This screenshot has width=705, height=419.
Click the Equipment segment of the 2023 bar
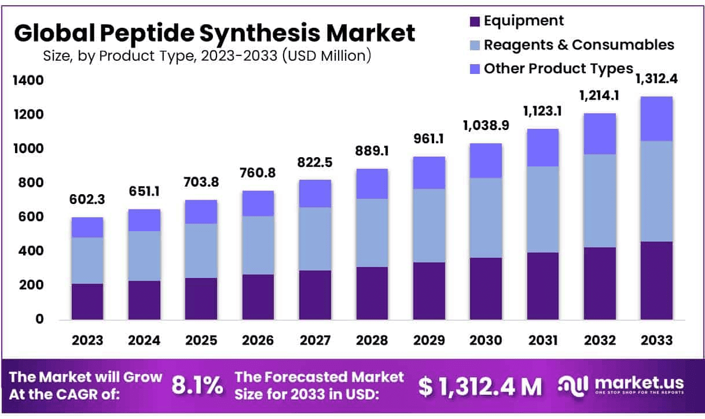[87, 301]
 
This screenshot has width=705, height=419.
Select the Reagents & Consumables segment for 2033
[656, 191]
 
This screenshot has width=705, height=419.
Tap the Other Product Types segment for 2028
[372, 184]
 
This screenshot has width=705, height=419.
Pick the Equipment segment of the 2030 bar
[486, 288]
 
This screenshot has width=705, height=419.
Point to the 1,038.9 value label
[486, 125]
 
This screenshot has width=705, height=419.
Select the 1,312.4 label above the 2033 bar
[656, 79]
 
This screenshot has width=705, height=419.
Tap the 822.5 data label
[315, 163]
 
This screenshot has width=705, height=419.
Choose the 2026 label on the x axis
[258, 340]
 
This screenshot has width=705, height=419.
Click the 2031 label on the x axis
[542, 340]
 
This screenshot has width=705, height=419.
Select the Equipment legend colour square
[475, 22]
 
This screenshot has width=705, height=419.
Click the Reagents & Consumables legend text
[579, 45]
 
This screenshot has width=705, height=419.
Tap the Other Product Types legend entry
[558, 68]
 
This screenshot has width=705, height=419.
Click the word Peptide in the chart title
[148, 34]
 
